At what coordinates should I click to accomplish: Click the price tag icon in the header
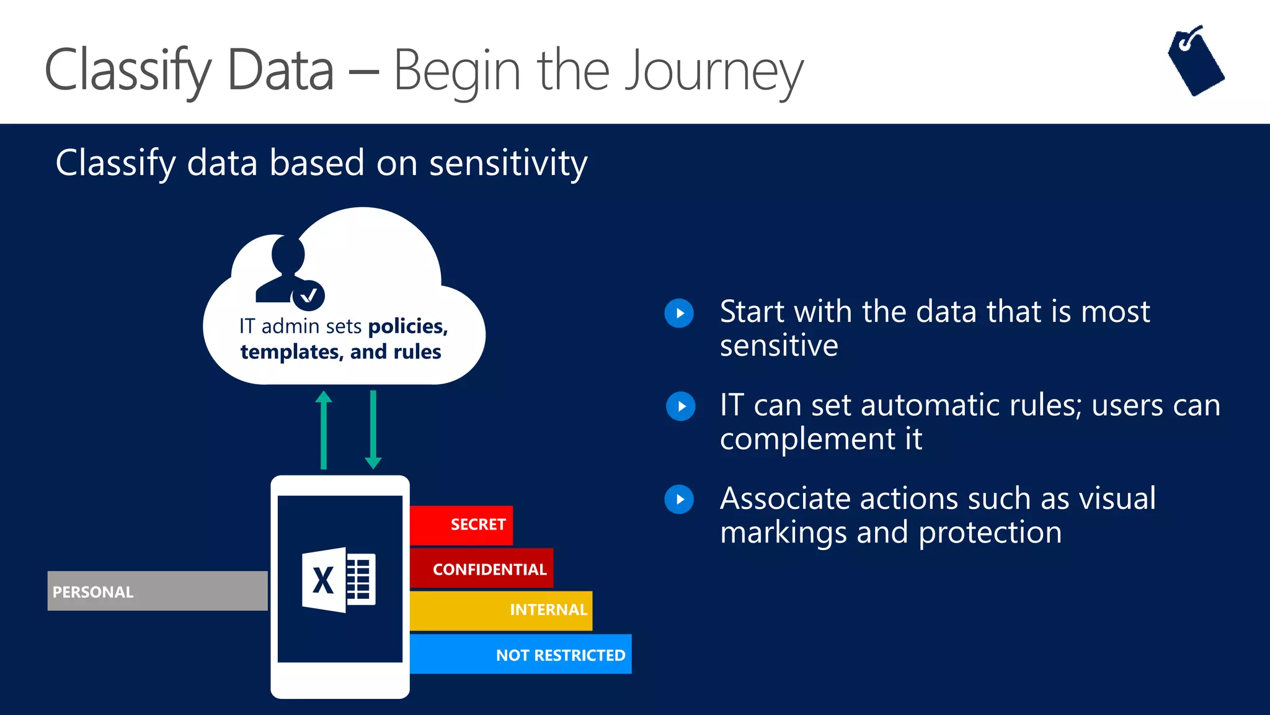coord(1196,62)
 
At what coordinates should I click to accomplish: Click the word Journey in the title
coord(713,71)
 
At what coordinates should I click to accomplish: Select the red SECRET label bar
coord(461,525)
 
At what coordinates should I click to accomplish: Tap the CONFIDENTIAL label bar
coord(482,569)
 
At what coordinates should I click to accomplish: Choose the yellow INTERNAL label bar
coord(501,610)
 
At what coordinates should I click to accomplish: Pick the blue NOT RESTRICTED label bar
coord(521,654)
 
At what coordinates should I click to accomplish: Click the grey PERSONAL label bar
coord(158,591)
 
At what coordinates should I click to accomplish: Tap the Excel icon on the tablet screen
coord(339,580)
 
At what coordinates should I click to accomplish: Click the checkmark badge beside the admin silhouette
coord(309,296)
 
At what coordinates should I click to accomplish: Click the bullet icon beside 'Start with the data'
coord(680,313)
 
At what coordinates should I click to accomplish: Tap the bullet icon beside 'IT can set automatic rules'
coord(680,407)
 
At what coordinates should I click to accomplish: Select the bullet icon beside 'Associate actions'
coord(680,500)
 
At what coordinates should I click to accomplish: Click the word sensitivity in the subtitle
coord(508,163)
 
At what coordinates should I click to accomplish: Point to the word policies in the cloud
coord(407,326)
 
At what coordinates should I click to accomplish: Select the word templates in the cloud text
coord(290,352)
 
